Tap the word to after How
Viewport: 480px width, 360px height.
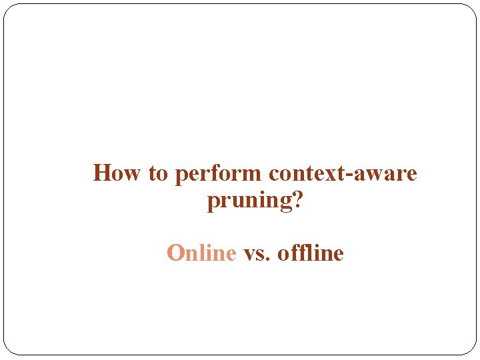tap(158, 174)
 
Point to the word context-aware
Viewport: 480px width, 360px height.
tap(343, 173)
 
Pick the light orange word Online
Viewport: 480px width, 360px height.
tap(201, 253)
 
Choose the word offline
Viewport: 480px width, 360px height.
tap(310, 253)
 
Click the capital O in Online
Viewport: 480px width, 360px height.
tap(175, 253)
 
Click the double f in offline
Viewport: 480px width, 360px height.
tap(299, 253)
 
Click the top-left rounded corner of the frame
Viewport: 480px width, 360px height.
tap(9, 9)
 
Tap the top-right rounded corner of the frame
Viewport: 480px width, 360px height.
tap(471, 9)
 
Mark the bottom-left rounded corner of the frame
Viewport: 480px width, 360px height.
tap(9, 349)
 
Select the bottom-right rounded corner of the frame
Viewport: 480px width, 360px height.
tap(471, 349)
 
